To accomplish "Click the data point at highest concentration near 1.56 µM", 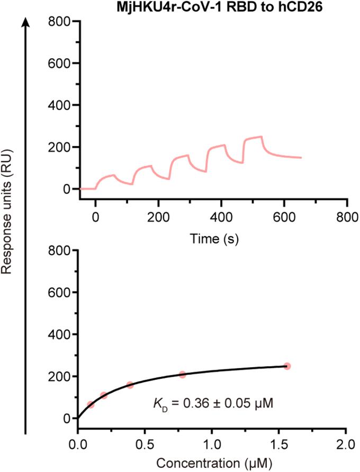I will (287, 366).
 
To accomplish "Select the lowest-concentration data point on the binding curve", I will (91, 405).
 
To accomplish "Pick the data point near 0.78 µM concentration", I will (183, 375).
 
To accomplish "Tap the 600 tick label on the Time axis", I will (284, 217).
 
